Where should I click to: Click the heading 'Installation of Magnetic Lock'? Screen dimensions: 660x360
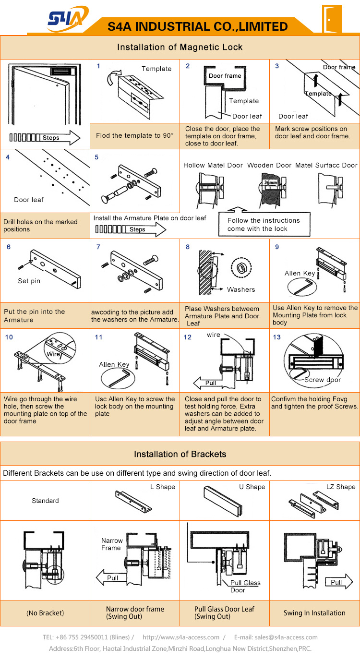(x=180, y=47)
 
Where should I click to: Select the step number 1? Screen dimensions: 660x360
(x=98, y=66)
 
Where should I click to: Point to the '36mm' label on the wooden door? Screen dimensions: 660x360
(x=271, y=183)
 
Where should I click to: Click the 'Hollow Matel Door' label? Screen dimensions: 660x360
(x=213, y=165)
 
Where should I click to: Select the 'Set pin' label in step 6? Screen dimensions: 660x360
(x=29, y=281)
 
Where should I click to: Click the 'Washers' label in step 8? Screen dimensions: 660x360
(x=241, y=289)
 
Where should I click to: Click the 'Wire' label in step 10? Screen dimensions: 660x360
(x=53, y=354)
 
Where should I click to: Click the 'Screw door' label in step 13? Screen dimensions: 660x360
(x=323, y=380)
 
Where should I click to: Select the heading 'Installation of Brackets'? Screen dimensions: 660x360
(x=180, y=454)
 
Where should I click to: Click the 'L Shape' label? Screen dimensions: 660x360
(x=162, y=487)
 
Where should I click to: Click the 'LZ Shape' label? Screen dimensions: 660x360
(x=341, y=487)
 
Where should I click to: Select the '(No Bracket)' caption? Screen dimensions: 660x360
(x=45, y=613)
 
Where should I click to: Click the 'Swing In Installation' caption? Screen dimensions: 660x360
(x=314, y=613)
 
